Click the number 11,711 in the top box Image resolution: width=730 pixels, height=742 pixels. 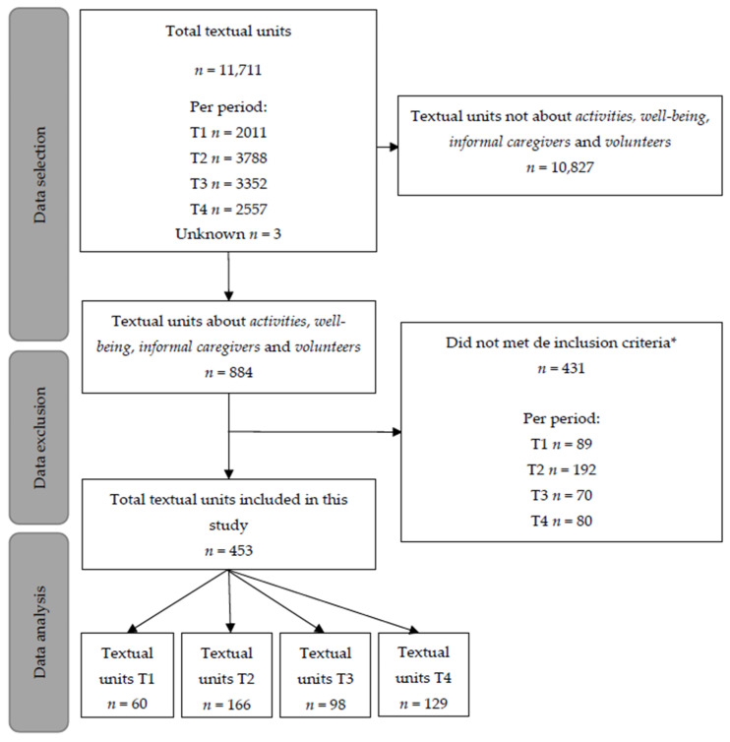(x=240, y=70)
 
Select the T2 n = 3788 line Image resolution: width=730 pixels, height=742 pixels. (x=228, y=157)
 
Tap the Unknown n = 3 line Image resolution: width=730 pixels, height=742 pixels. (x=228, y=234)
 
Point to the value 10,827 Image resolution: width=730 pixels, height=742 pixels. (x=572, y=167)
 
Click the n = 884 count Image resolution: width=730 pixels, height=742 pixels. (x=228, y=372)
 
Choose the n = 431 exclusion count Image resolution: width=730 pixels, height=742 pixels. (x=561, y=368)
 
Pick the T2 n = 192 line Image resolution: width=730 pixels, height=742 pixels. (x=562, y=469)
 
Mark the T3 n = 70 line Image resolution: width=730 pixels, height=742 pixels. (x=562, y=495)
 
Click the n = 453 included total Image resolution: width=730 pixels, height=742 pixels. (x=228, y=551)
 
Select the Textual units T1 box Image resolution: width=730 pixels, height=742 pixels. (x=127, y=675)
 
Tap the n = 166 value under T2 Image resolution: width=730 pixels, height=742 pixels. (x=226, y=705)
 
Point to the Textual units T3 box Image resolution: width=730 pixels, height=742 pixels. (x=325, y=675)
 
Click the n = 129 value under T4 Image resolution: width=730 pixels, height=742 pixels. (x=423, y=704)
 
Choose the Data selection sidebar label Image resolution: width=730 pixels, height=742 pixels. (x=39, y=175)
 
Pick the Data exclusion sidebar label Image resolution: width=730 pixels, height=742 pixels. (x=39, y=438)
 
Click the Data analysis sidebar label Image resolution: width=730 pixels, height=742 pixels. (x=39, y=632)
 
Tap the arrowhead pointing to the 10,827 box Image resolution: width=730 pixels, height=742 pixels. (x=394, y=148)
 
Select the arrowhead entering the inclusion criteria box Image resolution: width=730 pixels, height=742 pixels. (x=396, y=432)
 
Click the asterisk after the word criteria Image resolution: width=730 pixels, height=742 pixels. (x=673, y=340)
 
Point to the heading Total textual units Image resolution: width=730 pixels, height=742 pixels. (x=228, y=31)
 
